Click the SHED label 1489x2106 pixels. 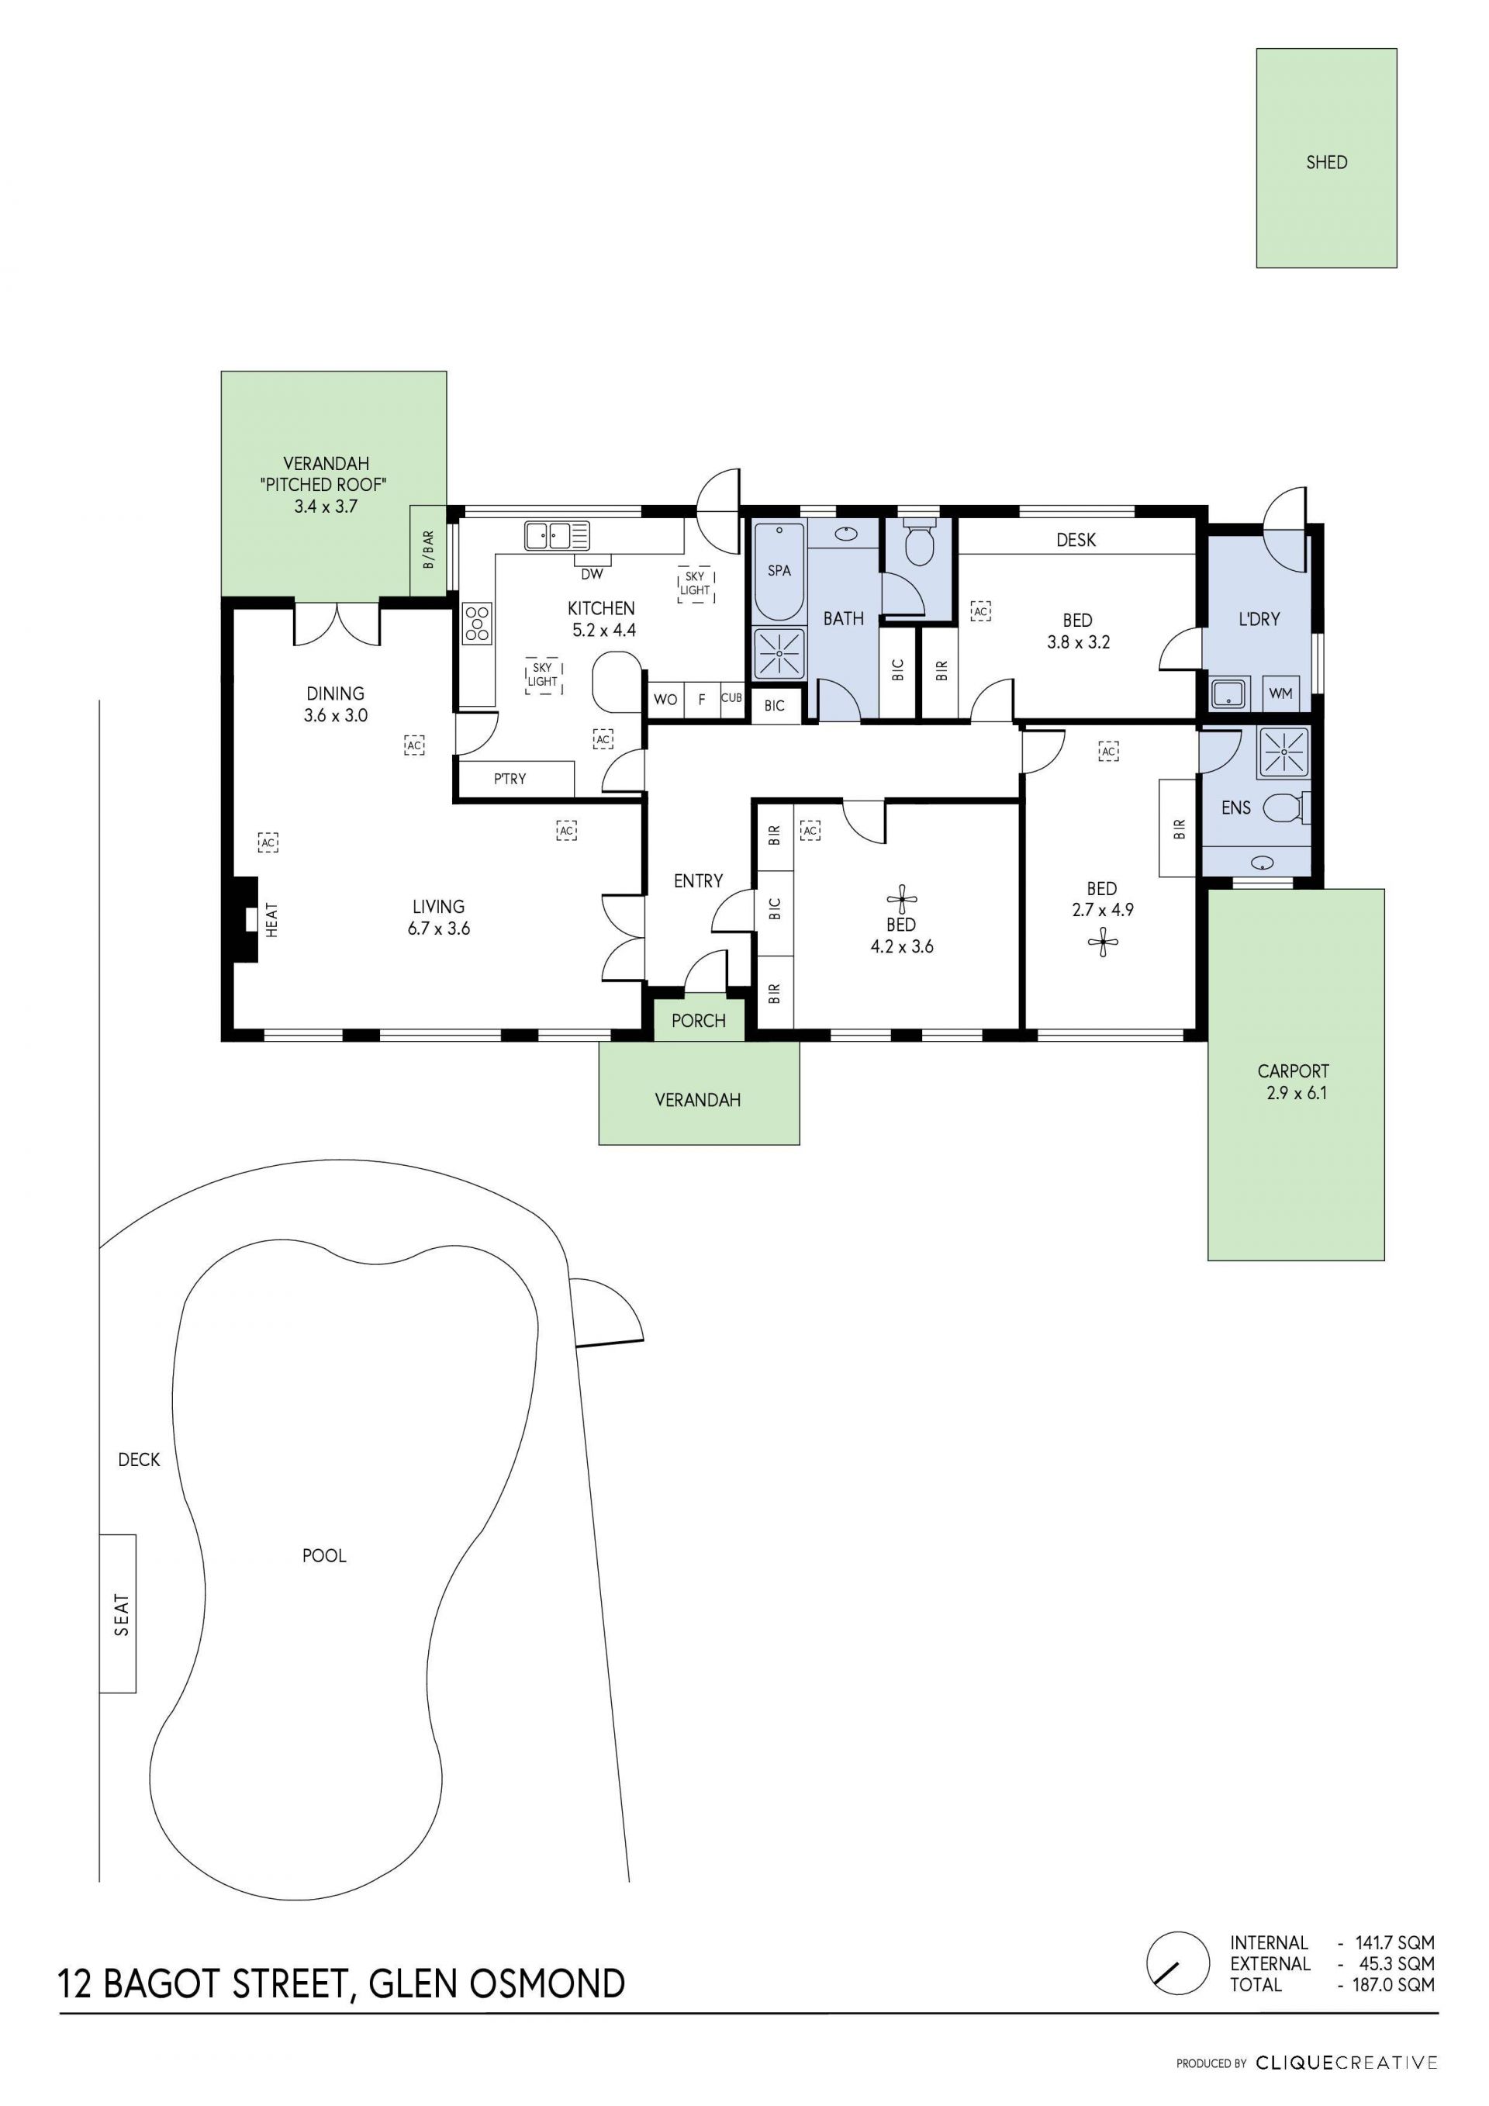pos(1326,162)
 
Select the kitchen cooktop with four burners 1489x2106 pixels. pos(477,622)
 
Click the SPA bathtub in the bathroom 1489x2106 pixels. pos(779,571)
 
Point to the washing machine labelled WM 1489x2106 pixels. pos(1281,693)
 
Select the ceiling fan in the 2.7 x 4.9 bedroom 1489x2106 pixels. pos(1102,942)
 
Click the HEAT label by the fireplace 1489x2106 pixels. pos(271,919)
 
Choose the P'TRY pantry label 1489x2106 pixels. pos(510,779)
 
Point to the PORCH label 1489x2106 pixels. pos(698,1021)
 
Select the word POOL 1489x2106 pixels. pos(325,1556)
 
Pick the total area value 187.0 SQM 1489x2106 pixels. pos(1394,1984)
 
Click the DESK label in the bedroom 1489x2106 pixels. pos(1076,540)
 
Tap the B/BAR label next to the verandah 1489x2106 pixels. pos(428,550)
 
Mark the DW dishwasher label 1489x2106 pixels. pos(592,574)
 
